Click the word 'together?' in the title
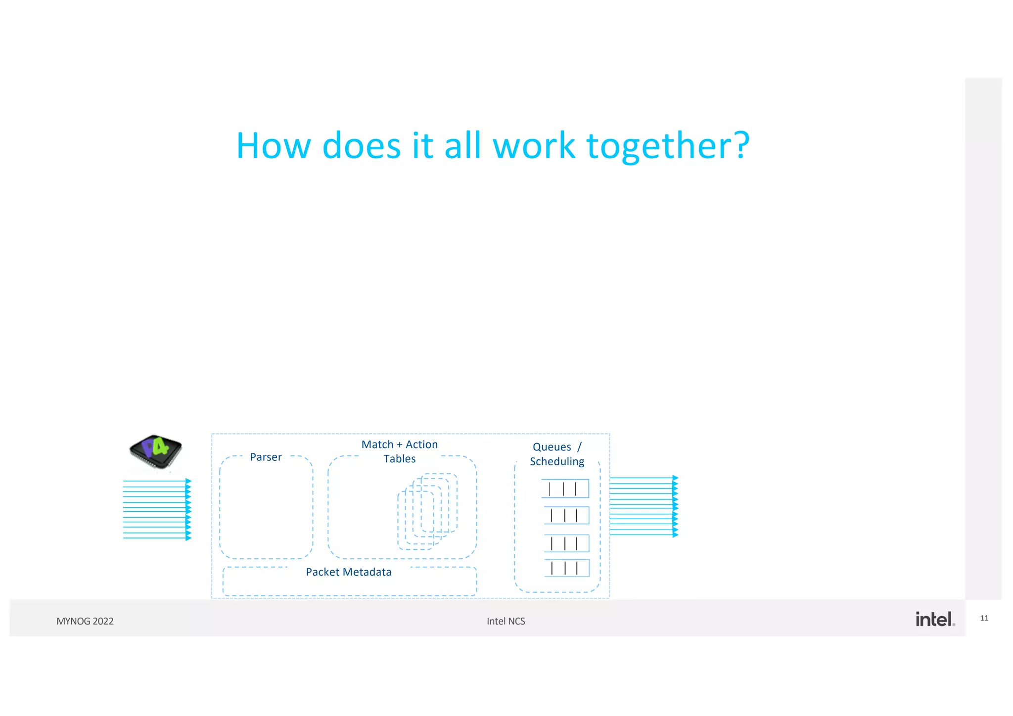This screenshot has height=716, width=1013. click(668, 146)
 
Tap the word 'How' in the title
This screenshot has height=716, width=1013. click(274, 146)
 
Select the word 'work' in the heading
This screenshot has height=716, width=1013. click(534, 146)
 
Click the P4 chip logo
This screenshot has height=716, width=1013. click(156, 451)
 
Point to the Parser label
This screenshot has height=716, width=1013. click(266, 457)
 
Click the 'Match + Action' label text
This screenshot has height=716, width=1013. click(400, 445)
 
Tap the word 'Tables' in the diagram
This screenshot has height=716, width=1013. click(400, 459)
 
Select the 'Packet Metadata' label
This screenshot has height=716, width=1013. click(349, 572)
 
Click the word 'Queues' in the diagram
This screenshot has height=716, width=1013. click(552, 447)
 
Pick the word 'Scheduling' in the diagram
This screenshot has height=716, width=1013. click(557, 461)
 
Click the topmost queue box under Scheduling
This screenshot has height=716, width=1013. click(565, 489)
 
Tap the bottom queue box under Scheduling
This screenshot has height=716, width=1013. click(567, 568)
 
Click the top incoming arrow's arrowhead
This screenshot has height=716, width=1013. click(188, 481)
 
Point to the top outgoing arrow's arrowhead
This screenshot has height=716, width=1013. click(676, 478)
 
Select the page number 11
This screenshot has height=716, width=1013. click(984, 618)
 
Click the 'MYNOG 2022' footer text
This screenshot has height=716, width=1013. click(85, 622)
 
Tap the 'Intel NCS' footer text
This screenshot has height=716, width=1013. click(506, 622)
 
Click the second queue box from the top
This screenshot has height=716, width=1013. click(567, 516)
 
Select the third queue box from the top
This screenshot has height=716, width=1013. click(567, 543)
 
